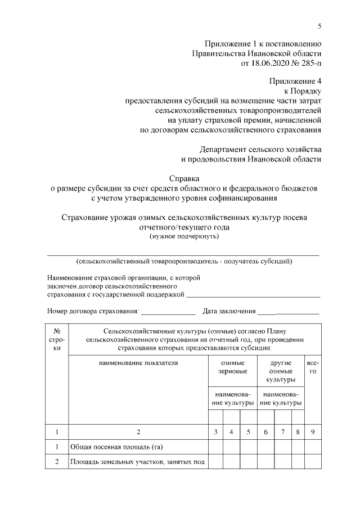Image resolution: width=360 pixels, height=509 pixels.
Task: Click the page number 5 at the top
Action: click(x=319, y=26)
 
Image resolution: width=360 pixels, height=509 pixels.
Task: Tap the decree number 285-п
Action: click(x=308, y=64)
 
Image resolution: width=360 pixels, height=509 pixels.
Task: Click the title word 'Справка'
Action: click(x=183, y=179)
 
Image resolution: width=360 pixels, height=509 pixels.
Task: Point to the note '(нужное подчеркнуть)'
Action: click(x=183, y=236)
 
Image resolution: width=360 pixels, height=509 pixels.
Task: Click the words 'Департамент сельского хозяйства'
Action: click(x=260, y=150)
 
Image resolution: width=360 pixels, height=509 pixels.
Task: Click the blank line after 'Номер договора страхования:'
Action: click(x=168, y=311)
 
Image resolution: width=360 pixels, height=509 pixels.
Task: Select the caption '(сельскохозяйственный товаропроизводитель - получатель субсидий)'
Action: click(x=183, y=262)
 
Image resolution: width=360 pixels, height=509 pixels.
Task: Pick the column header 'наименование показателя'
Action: click(x=138, y=363)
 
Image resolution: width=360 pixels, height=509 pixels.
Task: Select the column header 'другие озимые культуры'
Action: click(x=281, y=371)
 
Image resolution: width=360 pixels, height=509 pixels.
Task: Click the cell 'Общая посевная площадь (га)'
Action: click(x=108, y=447)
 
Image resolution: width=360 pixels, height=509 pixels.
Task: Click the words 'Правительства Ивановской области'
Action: click(x=256, y=53)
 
